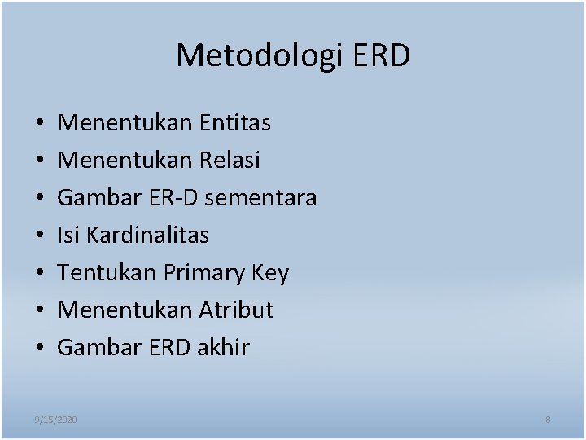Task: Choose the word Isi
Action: pyautogui.click(x=68, y=235)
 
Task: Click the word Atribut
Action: pyautogui.click(x=236, y=310)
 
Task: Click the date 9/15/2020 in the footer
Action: pyautogui.click(x=56, y=420)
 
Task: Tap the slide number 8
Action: pyautogui.click(x=548, y=420)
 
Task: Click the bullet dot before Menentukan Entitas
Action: pyautogui.click(x=40, y=124)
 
